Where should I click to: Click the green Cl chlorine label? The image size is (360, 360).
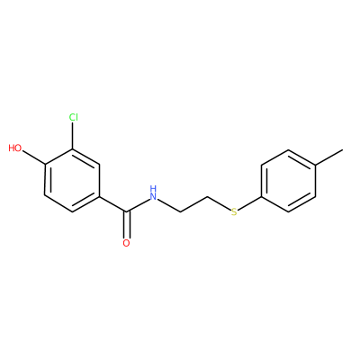point(73,117)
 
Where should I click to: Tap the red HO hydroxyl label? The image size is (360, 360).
point(15,148)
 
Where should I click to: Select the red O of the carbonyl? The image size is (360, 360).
point(127,243)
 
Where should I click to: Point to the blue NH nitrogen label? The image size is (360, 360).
point(153,193)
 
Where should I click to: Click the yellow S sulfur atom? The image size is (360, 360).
point(234,211)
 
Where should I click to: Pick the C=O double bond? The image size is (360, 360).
point(127,225)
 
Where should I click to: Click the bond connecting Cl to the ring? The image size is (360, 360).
point(73,136)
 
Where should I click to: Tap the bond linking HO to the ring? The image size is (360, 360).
point(33,157)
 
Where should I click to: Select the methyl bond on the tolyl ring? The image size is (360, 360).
point(329,157)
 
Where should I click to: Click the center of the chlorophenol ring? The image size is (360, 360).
point(72,180)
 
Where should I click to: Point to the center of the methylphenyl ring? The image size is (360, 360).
point(289,181)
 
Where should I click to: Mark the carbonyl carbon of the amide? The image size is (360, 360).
point(127,211)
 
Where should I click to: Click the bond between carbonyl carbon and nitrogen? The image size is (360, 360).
point(139,205)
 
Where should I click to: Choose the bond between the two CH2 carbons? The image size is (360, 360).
point(193,204)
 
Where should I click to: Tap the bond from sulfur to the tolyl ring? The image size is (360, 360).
point(249,203)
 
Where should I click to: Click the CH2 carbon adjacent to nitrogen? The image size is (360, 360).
point(180,212)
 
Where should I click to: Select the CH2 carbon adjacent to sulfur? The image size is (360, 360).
point(207,196)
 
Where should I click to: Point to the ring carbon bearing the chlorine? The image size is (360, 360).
point(73,149)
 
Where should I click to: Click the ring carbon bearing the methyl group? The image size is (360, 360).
point(316,166)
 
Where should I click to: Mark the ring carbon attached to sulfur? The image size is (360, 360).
point(261,196)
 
